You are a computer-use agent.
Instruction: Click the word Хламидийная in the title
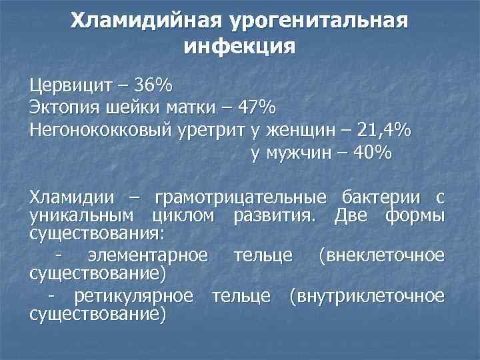coord(146,21)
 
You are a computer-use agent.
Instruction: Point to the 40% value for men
coord(373,152)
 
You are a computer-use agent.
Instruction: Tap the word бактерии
coord(382,197)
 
